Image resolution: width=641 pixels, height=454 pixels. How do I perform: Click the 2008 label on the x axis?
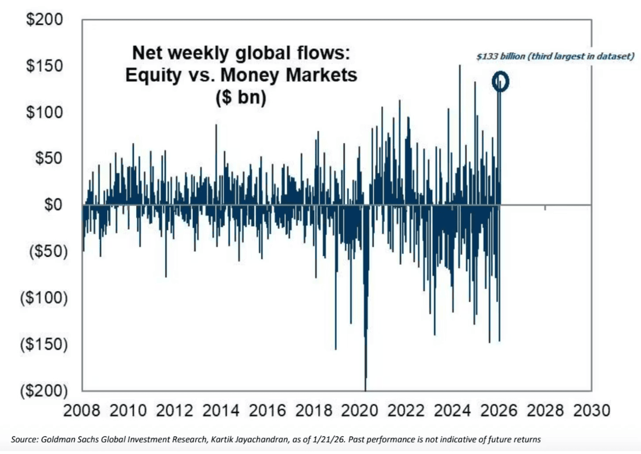point(82,410)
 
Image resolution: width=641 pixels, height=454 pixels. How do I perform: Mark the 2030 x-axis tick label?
point(590,410)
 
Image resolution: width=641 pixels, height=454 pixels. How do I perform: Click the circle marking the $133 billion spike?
point(501,82)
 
